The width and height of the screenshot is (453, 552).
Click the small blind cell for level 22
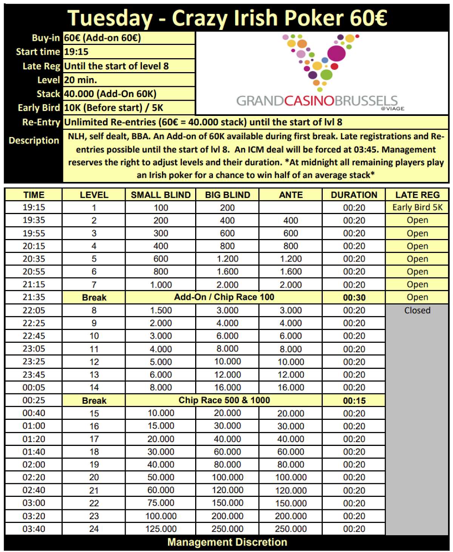pos(161,503)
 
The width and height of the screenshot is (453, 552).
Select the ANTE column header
pos(291,195)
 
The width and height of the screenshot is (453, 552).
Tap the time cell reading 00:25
pos(34,400)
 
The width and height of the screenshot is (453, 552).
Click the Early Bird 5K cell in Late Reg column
pos(417,207)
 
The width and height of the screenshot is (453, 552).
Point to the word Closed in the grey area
pos(417,310)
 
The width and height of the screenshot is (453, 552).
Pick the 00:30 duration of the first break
pos(354,298)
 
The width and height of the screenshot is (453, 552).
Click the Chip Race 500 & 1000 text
pos(224,400)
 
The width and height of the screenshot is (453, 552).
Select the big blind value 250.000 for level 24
pos(227,529)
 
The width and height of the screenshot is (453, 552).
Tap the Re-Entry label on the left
pos(41,122)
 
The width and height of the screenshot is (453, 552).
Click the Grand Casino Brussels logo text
pos(317,101)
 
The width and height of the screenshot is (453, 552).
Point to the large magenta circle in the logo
pos(336,53)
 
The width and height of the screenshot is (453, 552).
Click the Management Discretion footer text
pos(227,542)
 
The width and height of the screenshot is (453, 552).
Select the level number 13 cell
pos(94,375)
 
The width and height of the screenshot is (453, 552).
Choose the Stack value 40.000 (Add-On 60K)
pos(110,94)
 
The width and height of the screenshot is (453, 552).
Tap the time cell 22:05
pos(34,310)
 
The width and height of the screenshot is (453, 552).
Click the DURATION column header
pos(354,195)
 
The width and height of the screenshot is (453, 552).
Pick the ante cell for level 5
pos(291,259)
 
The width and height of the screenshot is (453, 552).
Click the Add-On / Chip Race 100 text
pos(224,297)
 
